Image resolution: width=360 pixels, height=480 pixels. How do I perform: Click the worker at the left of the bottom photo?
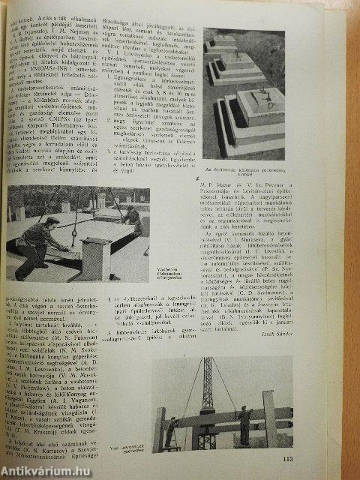click(172, 432)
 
